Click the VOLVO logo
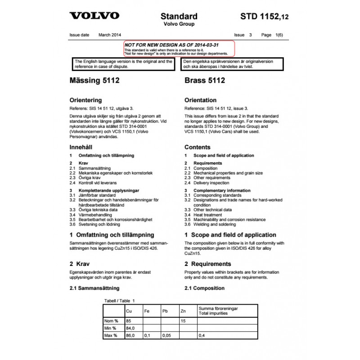tap(94, 16)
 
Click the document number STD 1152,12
tap(265, 17)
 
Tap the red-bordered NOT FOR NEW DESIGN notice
tap(179, 48)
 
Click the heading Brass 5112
tap(204, 81)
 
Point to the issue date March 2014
tap(110, 35)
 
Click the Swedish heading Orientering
tap(85, 100)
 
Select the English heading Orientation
tap(201, 100)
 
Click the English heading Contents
tap(198, 147)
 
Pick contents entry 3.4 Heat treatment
tap(207, 215)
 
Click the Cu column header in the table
tap(129, 311)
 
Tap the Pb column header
tap(165, 311)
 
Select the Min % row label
tap(111, 328)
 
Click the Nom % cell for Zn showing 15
tap(183, 320)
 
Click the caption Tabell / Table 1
tap(119, 300)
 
